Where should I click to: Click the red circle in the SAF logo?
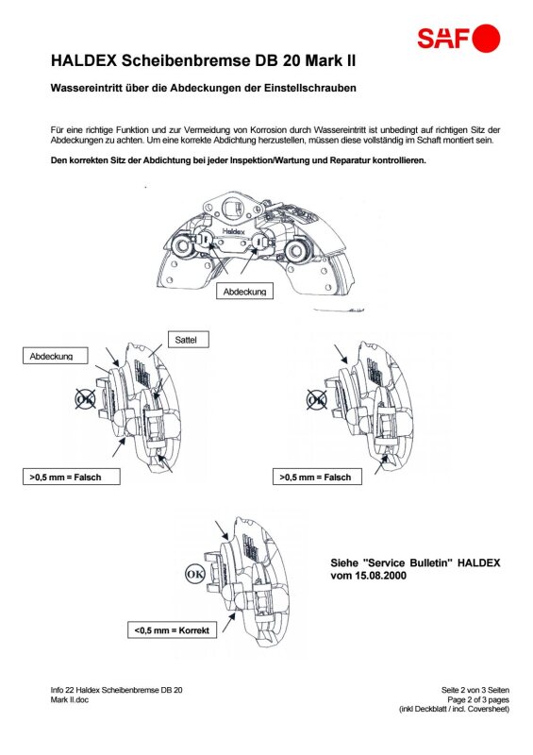point(486,38)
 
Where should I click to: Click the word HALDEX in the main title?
point(84,61)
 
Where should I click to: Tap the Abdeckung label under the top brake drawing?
point(244,292)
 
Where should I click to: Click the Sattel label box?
point(189,340)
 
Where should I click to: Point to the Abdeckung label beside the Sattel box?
point(56,356)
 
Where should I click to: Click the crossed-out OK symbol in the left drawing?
point(85,399)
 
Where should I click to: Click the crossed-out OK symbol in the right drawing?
point(317,399)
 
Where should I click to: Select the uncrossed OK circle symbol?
point(195,574)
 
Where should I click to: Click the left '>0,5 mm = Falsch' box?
point(72,477)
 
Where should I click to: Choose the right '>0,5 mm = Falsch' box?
point(317,477)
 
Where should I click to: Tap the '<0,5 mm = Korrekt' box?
point(172,629)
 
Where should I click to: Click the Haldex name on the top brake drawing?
point(234,231)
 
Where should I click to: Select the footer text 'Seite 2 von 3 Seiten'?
point(475,690)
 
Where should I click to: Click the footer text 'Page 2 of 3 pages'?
point(478,699)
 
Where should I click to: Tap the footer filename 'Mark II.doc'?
point(69,699)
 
